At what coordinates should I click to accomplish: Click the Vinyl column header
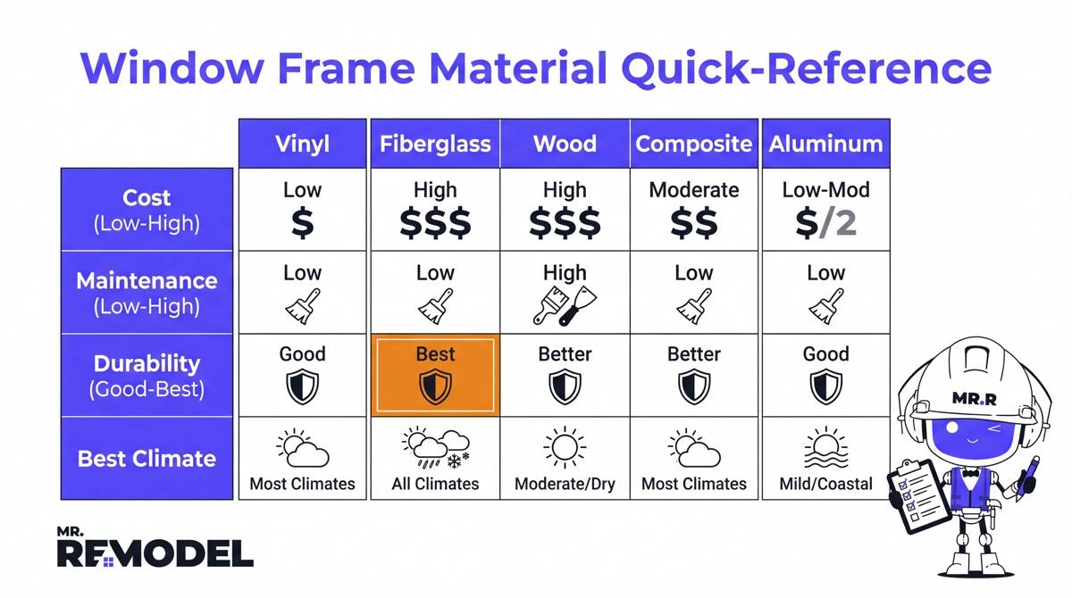click(302, 144)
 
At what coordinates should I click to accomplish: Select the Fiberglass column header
click(435, 144)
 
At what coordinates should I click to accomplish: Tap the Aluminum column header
click(825, 144)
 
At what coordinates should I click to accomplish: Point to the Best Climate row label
click(147, 459)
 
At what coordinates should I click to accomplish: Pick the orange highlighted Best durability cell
click(435, 375)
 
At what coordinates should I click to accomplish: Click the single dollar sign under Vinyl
click(303, 223)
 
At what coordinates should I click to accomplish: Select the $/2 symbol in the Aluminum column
click(825, 223)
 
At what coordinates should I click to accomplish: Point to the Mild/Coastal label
click(825, 485)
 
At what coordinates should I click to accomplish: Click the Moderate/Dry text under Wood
click(565, 485)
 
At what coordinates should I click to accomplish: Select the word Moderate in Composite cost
click(694, 190)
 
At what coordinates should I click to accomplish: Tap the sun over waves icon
click(825, 450)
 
